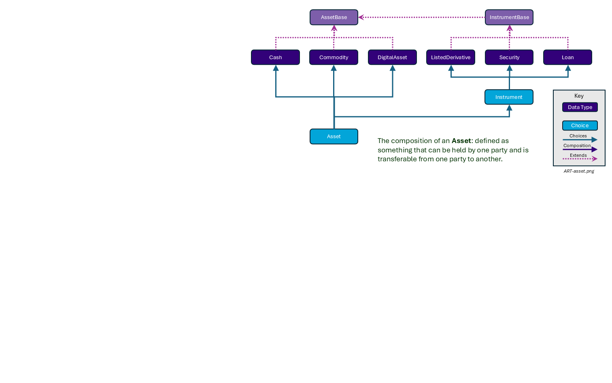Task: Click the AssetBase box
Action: point(334,17)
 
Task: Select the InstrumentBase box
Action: point(509,17)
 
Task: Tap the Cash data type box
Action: point(275,57)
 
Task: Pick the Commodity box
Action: point(334,57)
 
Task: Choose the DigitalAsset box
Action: point(392,57)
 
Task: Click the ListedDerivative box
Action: point(450,57)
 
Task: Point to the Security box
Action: point(509,57)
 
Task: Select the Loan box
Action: point(567,57)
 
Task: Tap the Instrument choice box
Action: point(509,97)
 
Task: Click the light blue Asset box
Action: point(334,137)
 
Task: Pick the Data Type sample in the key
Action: point(580,107)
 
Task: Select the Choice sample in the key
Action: point(580,126)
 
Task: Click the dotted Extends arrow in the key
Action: point(580,159)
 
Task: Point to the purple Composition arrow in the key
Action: point(580,150)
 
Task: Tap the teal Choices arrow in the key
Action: point(580,140)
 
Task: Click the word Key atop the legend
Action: point(579,96)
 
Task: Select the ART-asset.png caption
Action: point(579,171)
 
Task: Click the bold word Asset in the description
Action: point(461,141)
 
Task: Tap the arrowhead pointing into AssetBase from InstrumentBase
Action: point(361,17)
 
